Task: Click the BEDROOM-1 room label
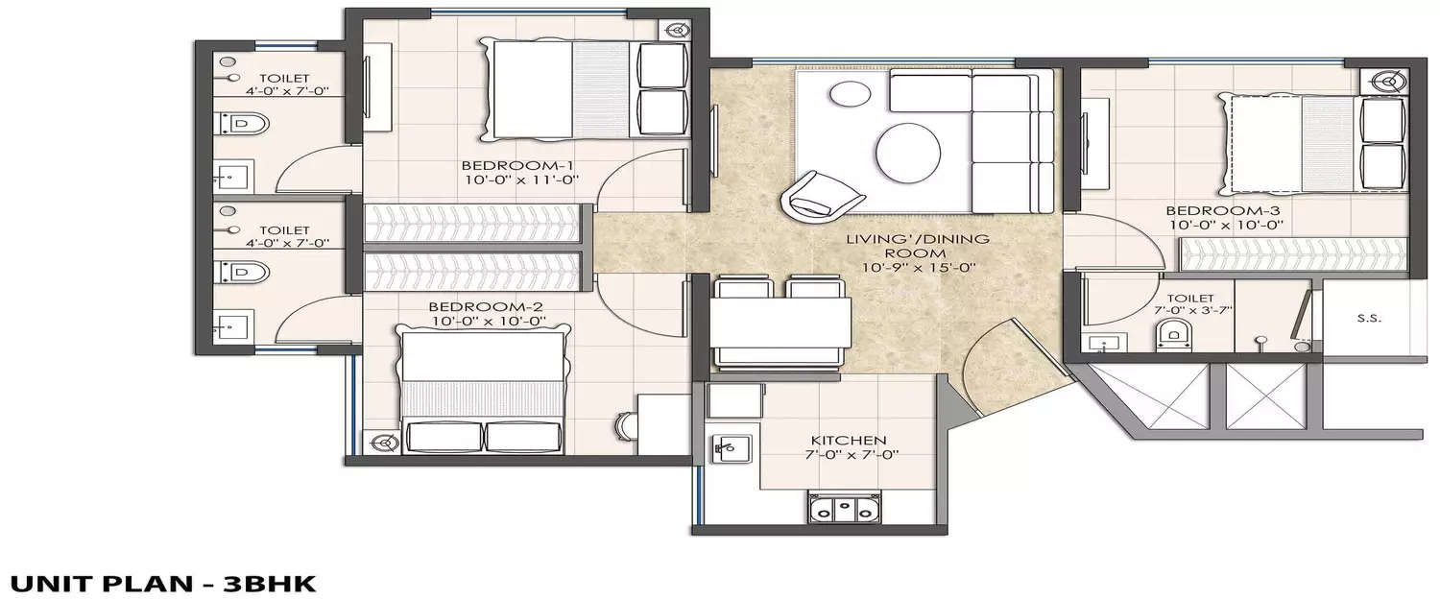503,163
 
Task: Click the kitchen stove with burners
842,508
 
